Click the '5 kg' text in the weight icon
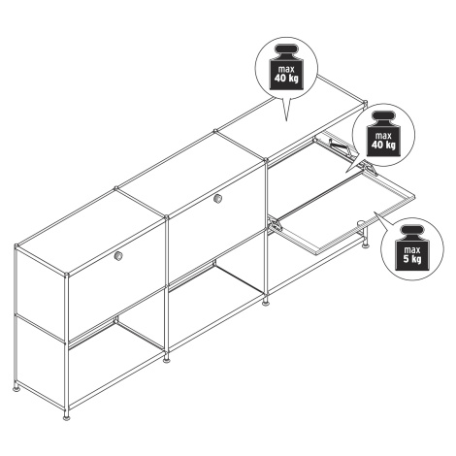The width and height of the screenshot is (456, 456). point(412,259)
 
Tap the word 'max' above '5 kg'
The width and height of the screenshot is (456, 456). point(412,250)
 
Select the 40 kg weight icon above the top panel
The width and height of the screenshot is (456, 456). point(286,67)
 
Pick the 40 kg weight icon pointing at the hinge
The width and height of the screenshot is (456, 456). point(383,134)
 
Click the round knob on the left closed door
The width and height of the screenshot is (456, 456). point(118,256)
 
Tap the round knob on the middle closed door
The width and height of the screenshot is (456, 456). point(218,198)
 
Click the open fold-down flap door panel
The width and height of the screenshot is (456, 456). point(346,212)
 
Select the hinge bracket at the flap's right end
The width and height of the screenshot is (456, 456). point(370,167)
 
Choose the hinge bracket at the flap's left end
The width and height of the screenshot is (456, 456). point(275,224)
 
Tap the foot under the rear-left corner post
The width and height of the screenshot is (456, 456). point(16,387)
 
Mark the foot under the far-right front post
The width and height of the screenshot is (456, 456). point(366,244)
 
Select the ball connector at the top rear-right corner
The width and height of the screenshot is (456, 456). point(366,103)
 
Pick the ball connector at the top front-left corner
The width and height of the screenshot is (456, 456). point(66,276)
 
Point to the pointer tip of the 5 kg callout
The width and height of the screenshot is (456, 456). point(375,212)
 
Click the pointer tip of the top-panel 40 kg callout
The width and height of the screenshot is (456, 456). point(286,121)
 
